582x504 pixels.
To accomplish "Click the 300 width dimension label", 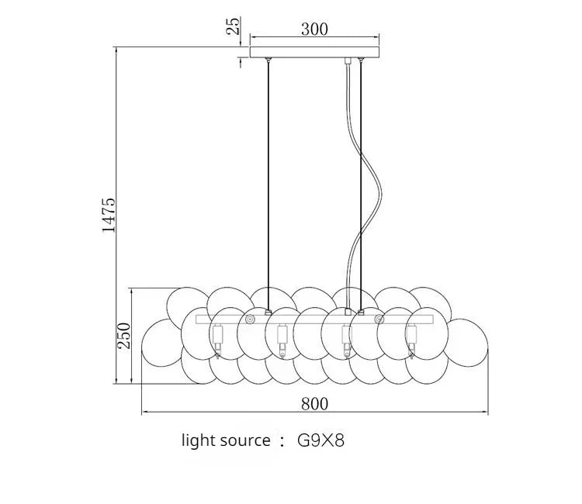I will tap(314, 29).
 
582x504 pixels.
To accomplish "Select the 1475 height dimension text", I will tap(109, 215).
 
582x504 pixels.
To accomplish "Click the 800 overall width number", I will tap(314, 403).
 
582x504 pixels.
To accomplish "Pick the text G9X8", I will tap(320, 441).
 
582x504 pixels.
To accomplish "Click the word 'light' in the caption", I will tap(199, 441).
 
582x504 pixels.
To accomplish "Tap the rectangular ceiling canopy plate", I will tap(314, 52).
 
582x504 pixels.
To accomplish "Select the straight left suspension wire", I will tap(268, 178).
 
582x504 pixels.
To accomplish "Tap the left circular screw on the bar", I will tap(250, 319).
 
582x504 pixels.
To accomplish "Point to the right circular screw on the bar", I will tap(379, 319).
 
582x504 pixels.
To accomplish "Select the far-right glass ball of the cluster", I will tap(469, 341).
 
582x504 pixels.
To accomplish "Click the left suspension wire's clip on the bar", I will tap(268, 312).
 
